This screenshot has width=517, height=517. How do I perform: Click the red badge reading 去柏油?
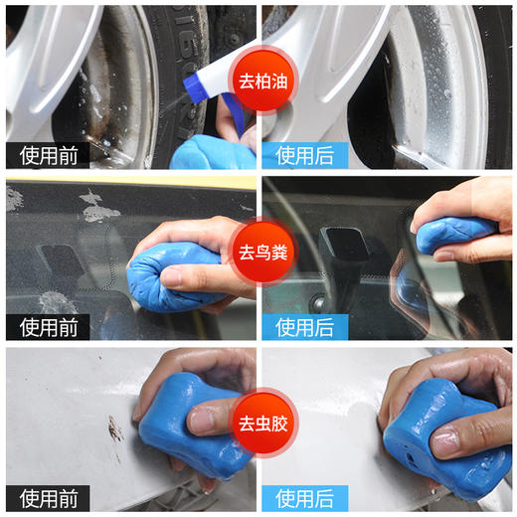pos(258,82)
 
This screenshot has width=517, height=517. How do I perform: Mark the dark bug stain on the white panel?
pos(115,431)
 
